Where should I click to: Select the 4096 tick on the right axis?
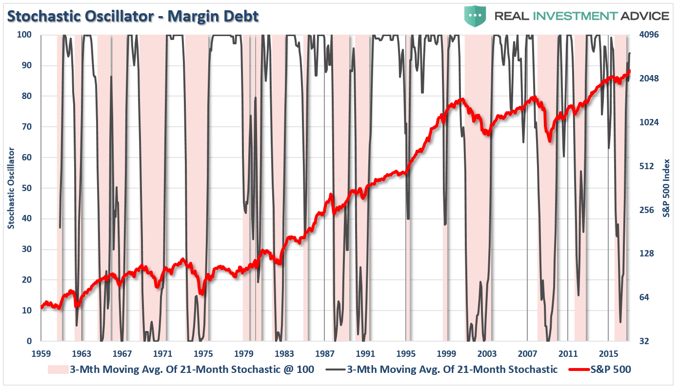click(x=649, y=35)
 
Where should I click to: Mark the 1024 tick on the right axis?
click(x=649, y=122)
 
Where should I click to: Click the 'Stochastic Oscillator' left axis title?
click(x=11, y=188)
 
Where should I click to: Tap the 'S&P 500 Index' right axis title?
click(x=666, y=188)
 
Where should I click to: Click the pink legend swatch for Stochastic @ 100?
click(x=58, y=370)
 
